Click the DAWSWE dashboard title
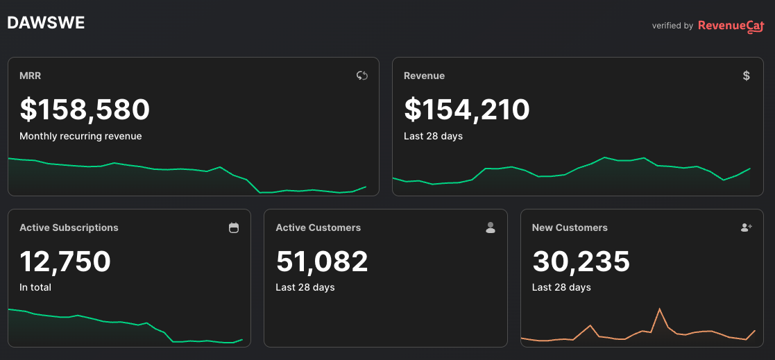coord(46,23)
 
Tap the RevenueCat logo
coord(731,26)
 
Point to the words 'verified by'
coord(672,26)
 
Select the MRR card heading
coord(31,76)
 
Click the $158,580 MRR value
coord(85,110)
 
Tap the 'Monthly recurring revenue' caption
coord(80,136)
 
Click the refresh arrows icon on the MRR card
coord(361,76)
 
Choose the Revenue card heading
coord(424,76)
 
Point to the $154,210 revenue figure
coord(467,110)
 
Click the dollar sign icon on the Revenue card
coord(746,76)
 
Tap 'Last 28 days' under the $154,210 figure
coord(433,136)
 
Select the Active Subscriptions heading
coord(69,228)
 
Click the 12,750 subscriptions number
coord(65,262)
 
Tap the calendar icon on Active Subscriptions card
coord(234,228)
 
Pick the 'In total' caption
coord(35,287)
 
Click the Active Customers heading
coord(318,228)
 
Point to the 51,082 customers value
coord(322,262)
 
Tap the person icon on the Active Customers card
coord(491,228)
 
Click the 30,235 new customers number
coord(581,262)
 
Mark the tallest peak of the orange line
coord(659,309)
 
